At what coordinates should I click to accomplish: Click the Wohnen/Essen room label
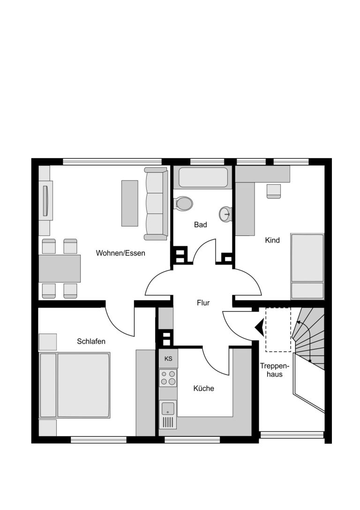120,253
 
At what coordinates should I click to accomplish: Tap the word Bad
201,224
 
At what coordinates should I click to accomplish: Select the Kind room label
272,240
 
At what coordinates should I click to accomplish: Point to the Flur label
203,303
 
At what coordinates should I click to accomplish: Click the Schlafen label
91,341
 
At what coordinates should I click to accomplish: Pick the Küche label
204,388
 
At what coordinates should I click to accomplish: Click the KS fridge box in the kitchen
168,359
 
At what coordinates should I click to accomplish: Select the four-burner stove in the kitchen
168,378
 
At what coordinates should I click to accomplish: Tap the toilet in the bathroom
183,204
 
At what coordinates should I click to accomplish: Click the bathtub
203,177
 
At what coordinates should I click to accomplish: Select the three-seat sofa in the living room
156,204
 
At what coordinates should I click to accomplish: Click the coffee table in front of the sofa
130,203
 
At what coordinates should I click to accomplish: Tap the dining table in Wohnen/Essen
60,268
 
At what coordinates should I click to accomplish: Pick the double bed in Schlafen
75,385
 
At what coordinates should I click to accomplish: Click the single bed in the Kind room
307,266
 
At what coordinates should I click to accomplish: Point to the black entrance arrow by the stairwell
260,327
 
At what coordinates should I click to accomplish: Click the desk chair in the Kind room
274,191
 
